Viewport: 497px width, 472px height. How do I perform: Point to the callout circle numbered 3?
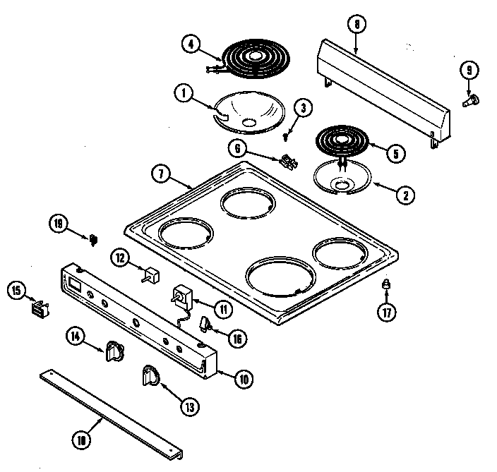click(303, 108)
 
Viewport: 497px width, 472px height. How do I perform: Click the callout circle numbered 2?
click(405, 196)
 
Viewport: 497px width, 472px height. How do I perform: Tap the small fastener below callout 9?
click(469, 102)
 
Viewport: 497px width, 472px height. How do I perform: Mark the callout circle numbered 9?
click(468, 70)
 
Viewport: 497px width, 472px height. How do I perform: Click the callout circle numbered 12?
click(121, 259)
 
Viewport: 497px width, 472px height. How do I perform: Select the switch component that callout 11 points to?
click(184, 296)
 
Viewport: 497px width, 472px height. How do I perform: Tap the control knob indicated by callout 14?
click(114, 351)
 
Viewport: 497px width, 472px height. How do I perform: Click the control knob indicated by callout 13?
click(151, 377)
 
